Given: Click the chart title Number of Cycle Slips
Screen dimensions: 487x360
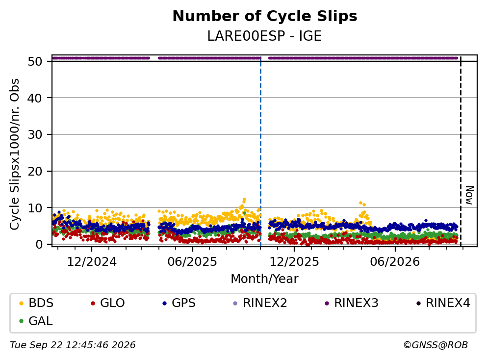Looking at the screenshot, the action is (x=265, y=16).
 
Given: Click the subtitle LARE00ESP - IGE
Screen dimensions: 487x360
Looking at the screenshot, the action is (x=264, y=36).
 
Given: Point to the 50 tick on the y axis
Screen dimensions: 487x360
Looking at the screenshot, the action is (x=35, y=61).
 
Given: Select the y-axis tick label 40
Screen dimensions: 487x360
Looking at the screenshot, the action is (x=35, y=98).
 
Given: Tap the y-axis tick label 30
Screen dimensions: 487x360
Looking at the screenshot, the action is (x=35, y=135).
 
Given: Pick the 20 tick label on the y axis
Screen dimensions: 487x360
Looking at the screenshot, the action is (x=35, y=171).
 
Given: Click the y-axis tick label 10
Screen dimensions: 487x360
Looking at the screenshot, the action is (x=35, y=208).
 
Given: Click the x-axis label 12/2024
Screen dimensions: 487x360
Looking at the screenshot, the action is (x=92, y=262).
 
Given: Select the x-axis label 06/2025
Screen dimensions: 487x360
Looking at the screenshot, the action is (x=192, y=262).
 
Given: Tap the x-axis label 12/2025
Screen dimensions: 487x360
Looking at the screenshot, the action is (x=294, y=262).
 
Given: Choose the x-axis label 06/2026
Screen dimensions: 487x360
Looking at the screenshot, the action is (x=395, y=262).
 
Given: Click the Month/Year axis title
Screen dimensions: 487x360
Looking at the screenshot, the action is (x=264, y=279).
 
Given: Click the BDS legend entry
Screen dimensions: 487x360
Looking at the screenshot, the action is (x=36, y=303).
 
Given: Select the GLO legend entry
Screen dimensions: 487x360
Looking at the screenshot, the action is (x=108, y=303).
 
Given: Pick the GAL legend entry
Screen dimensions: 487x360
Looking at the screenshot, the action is (x=36, y=321).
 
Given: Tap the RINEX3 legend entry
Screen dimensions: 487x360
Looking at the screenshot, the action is (x=352, y=303).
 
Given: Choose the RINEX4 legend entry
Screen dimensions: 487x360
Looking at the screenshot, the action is (x=443, y=303).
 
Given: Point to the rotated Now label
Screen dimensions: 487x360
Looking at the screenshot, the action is (x=470, y=195).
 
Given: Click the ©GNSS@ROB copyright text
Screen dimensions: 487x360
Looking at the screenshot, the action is (x=436, y=345).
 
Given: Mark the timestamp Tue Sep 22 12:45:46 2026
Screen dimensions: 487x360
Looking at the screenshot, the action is (x=73, y=345).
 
